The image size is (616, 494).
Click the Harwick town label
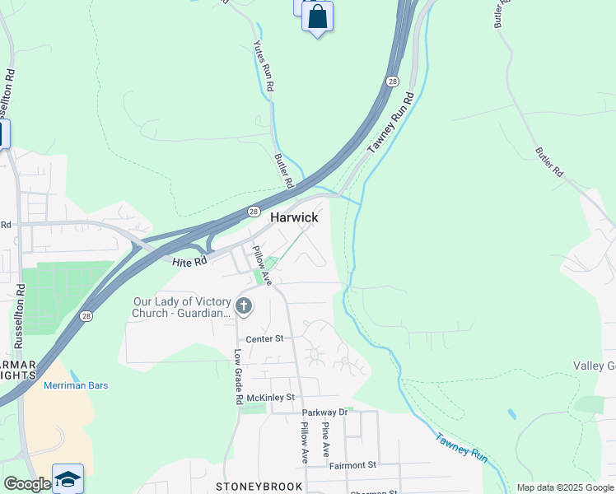[294, 217]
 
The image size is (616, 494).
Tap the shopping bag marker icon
[317, 16]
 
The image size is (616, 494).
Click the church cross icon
[243, 307]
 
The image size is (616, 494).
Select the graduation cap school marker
[68, 478]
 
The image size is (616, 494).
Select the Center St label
[265, 338]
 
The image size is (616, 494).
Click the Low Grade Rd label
[238, 376]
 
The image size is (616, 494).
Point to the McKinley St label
[271, 398]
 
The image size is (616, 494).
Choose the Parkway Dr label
[324, 412]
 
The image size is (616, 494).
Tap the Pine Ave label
[326, 440]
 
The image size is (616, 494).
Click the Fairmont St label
[352, 465]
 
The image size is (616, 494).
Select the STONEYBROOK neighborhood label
[259, 487]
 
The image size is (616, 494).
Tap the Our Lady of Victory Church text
[183, 307]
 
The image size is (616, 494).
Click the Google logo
[26, 484]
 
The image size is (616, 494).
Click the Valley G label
[594, 366]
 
